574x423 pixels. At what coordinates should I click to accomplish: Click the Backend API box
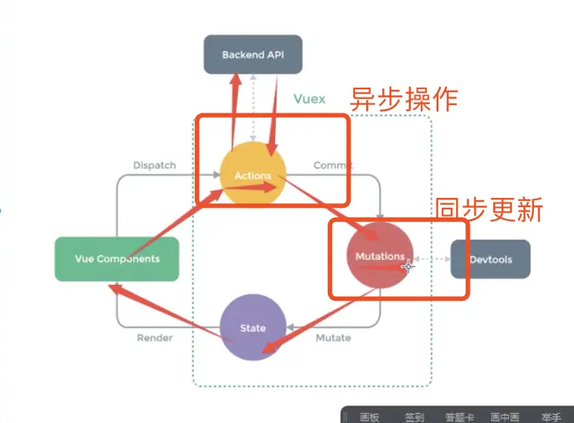(252, 54)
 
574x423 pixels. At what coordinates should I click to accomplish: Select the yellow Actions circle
(252, 175)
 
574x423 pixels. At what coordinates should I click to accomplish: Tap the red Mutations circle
(380, 256)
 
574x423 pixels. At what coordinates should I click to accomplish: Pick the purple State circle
(252, 328)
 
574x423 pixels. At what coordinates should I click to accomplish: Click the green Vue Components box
(117, 259)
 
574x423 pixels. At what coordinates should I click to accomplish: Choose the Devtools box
(490, 259)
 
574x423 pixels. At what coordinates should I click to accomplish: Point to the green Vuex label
(309, 99)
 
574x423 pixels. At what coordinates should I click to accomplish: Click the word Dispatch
(154, 165)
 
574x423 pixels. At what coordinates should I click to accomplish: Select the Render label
(154, 338)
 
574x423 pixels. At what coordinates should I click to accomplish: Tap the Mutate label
(333, 338)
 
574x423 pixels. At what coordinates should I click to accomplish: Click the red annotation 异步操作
(404, 99)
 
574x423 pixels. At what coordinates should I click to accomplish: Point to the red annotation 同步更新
(489, 210)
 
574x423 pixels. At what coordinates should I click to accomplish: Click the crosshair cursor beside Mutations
(409, 265)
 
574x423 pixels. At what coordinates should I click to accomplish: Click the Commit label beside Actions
(332, 165)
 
